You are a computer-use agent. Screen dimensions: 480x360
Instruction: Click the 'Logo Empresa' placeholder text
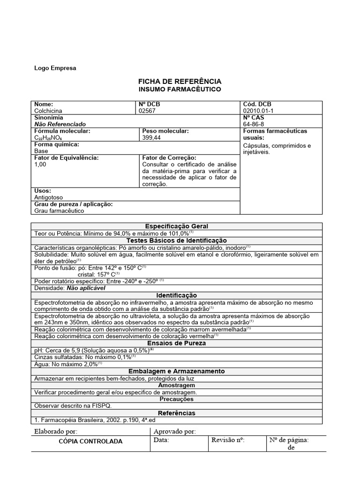pyautogui.click(x=55, y=68)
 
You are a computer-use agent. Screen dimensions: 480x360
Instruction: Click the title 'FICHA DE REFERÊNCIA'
pyautogui.click(x=180, y=82)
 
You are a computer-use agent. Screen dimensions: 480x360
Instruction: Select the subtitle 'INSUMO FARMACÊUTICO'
pyautogui.click(x=180, y=89)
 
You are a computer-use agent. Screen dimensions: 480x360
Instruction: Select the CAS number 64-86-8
pyautogui.click(x=254, y=124)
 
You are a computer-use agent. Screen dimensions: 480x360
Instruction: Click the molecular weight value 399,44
pyautogui.click(x=152, y=138)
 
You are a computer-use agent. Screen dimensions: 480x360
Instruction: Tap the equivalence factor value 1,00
pyautogui.click(x=41, y=165)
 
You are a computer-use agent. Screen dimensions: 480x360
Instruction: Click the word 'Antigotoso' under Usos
pyautogui.click(x=49, y=198)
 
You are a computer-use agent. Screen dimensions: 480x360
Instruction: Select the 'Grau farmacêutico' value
pyautogui.click(x=59, y=211)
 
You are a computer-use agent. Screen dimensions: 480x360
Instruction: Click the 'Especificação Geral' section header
pyautogui.click(x=177, y=226)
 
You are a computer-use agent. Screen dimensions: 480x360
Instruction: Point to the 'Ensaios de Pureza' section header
pyautogui.click(x=177, y=343)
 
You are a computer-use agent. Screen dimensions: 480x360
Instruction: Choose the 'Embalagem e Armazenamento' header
pyautogui.click(x=177, y=371)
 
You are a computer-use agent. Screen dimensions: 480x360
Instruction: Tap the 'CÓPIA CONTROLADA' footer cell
pyautogui.click(x=90, y=441)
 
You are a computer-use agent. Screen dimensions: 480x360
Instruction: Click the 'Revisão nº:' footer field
pyautogui.click(x=228, y=440)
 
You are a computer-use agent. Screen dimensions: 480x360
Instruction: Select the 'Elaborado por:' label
pyautogui.click(x=56, y=431)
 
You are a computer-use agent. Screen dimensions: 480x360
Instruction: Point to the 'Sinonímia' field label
pyautogui.click(x=49, y=118)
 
